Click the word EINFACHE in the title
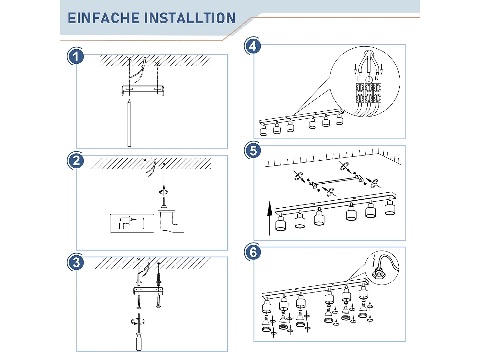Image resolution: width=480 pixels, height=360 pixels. [x=103, y=18]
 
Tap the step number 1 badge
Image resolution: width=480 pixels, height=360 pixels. [x=76, y=56]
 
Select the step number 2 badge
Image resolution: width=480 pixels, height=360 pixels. [x=76, y=161]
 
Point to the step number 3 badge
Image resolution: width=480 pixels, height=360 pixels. [x=76, y=262]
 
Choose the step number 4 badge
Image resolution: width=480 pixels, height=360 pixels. [x=253, y=46]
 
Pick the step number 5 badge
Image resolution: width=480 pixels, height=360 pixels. [x=253, y=151]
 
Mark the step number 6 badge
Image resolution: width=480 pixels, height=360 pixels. [x=253, y=252]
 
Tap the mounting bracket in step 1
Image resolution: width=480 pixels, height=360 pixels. [x=143, y=89]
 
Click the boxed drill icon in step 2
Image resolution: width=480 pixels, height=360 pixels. [x=132, y=223]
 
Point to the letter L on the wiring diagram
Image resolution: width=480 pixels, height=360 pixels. [x=358, y=79]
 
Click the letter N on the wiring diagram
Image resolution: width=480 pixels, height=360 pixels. [x=377, y=78]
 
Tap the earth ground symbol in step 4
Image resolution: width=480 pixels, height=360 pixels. [x=369, y=79]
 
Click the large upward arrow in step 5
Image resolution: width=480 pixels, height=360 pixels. [x=270, y=218]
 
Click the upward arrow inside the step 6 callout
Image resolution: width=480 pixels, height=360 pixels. [x=374, y=260]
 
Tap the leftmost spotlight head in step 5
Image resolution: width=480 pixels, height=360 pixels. [x=281, y=222]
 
